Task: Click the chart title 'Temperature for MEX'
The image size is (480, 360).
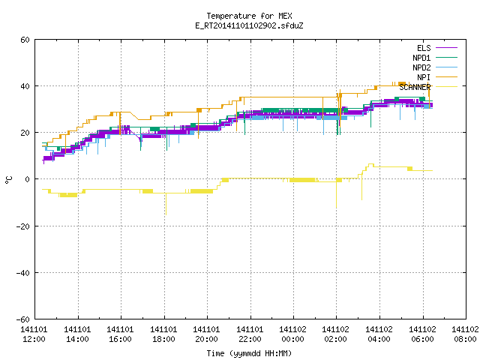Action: click(x=249, y=16)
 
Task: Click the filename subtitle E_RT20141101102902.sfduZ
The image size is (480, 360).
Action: click(x=249, y=25)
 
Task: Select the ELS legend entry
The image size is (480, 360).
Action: click(x=436, y=48)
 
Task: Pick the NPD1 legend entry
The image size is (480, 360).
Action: click(x=435, y=58)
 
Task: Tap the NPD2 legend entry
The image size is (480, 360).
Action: click(x=435, y=67)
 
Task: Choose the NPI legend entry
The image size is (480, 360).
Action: click(x=436, y=77)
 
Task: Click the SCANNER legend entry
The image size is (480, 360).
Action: click(x=428, y=87)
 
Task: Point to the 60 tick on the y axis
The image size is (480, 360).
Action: click(x=25, y=40)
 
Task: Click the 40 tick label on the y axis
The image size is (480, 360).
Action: click(x=25, y=86)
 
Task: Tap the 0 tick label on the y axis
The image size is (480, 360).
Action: click(x=28, y=179)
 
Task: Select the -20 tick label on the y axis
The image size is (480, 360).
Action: click(x=23, y=226)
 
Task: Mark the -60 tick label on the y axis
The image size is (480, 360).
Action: click(x=23, y=319)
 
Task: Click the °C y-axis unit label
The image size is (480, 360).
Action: click(x=9, y=180)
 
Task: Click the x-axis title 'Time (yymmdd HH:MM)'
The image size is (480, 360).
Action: click(x=249, y=353)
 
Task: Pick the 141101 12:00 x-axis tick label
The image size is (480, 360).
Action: click(x=34, y=334)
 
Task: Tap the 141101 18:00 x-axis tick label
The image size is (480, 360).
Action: click(x=163, y=334)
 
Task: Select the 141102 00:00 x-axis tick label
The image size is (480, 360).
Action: click(x=292, y=334)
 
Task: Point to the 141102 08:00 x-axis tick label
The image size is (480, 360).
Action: click(x=465, y=334)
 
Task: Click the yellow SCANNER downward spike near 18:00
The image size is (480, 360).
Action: click(x=166, y=204)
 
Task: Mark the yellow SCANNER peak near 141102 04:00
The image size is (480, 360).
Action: click(x=370, y=164)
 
